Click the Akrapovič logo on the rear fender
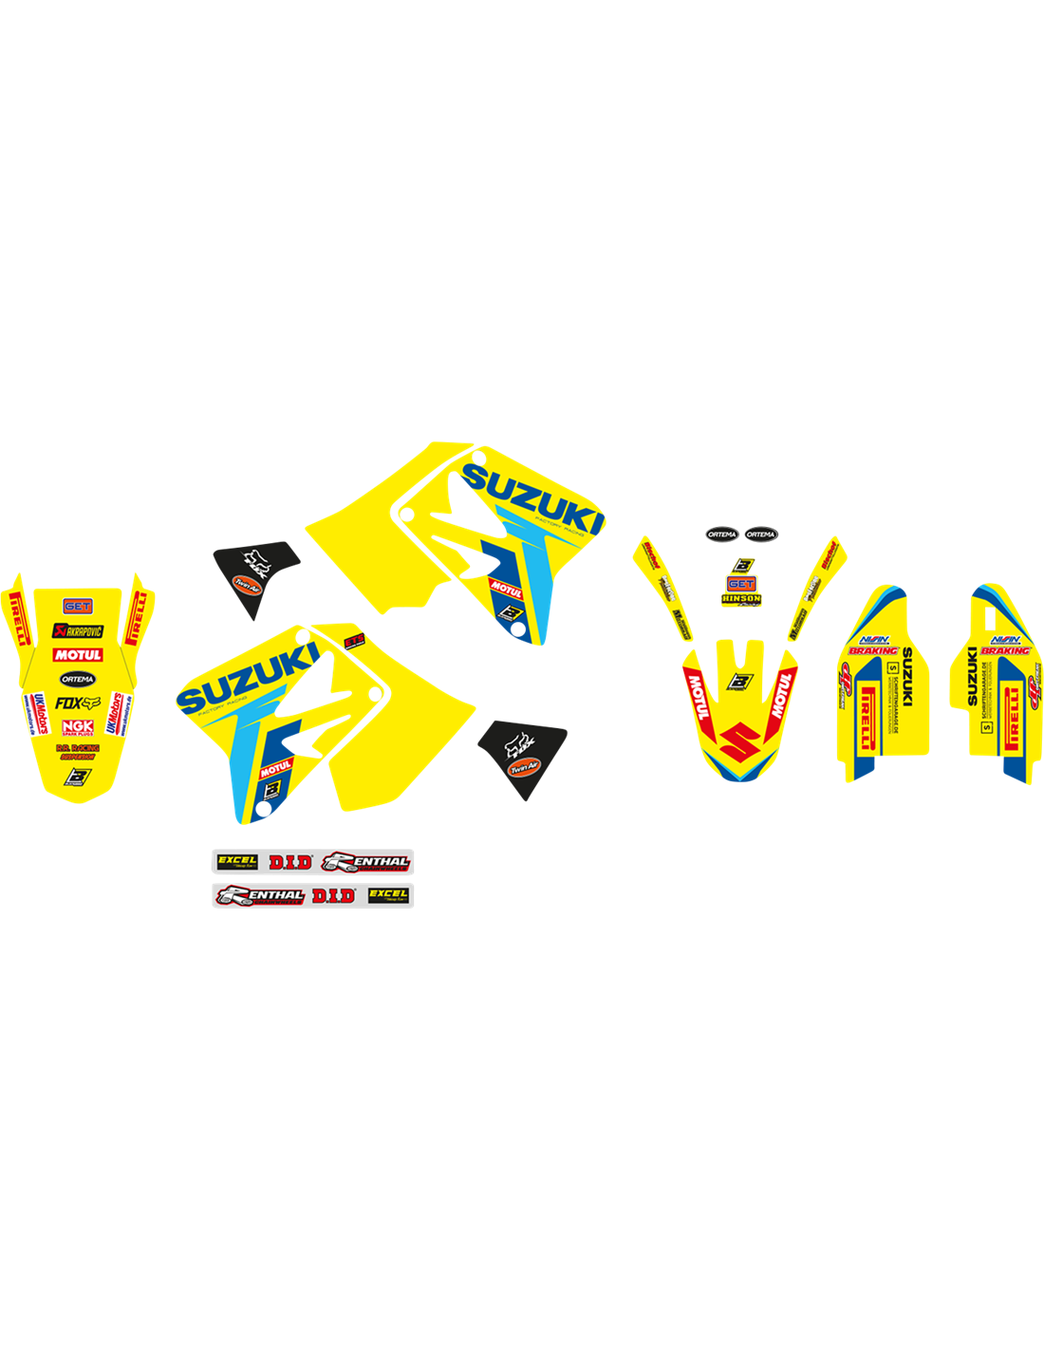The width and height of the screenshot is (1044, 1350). [77, 631]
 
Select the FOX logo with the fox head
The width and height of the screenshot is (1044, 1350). [77, 703]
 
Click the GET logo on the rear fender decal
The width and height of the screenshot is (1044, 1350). [77, 606]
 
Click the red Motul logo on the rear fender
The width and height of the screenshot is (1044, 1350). [78, 655]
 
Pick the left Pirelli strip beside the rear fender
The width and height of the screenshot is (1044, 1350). [16, 617]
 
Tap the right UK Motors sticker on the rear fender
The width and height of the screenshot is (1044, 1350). [114, 713]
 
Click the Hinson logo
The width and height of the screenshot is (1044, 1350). [741, 599]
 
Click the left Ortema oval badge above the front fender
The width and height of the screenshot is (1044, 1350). [721, 534]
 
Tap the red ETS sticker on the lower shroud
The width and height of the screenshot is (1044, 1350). [355, 640]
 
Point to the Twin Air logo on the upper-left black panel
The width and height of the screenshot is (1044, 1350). [247, 585]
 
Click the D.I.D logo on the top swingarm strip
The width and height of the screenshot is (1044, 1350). [289, 862]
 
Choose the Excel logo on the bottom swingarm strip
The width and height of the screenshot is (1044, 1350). [388, 894]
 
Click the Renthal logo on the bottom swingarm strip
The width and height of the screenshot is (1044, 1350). [261, 895]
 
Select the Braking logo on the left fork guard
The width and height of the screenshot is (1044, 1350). [873, 651]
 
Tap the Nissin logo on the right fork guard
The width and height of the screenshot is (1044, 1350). [1005, 640]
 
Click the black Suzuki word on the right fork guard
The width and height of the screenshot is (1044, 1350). [972, 676]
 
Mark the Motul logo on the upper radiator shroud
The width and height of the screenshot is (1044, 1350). [506, 590]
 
